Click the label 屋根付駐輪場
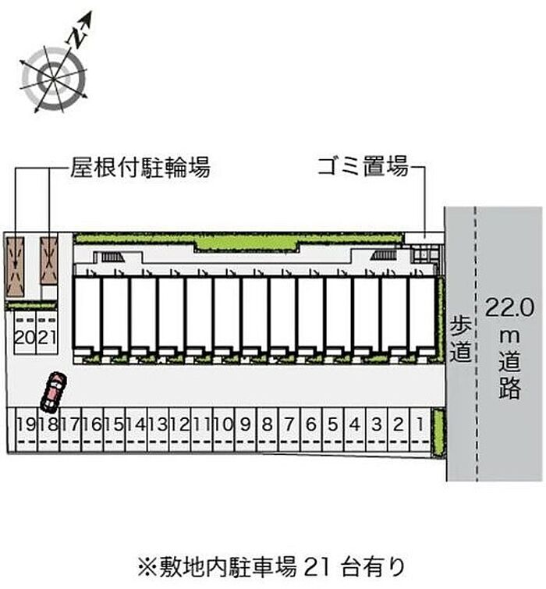(140, 167)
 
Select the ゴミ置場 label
(363, 166)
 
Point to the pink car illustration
(54, 391)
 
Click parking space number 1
(420, 425)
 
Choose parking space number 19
(26, 425)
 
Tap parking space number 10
(222, 425)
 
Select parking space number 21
(47, 337)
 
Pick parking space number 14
(135, 425)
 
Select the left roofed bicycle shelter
(15, 265)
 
